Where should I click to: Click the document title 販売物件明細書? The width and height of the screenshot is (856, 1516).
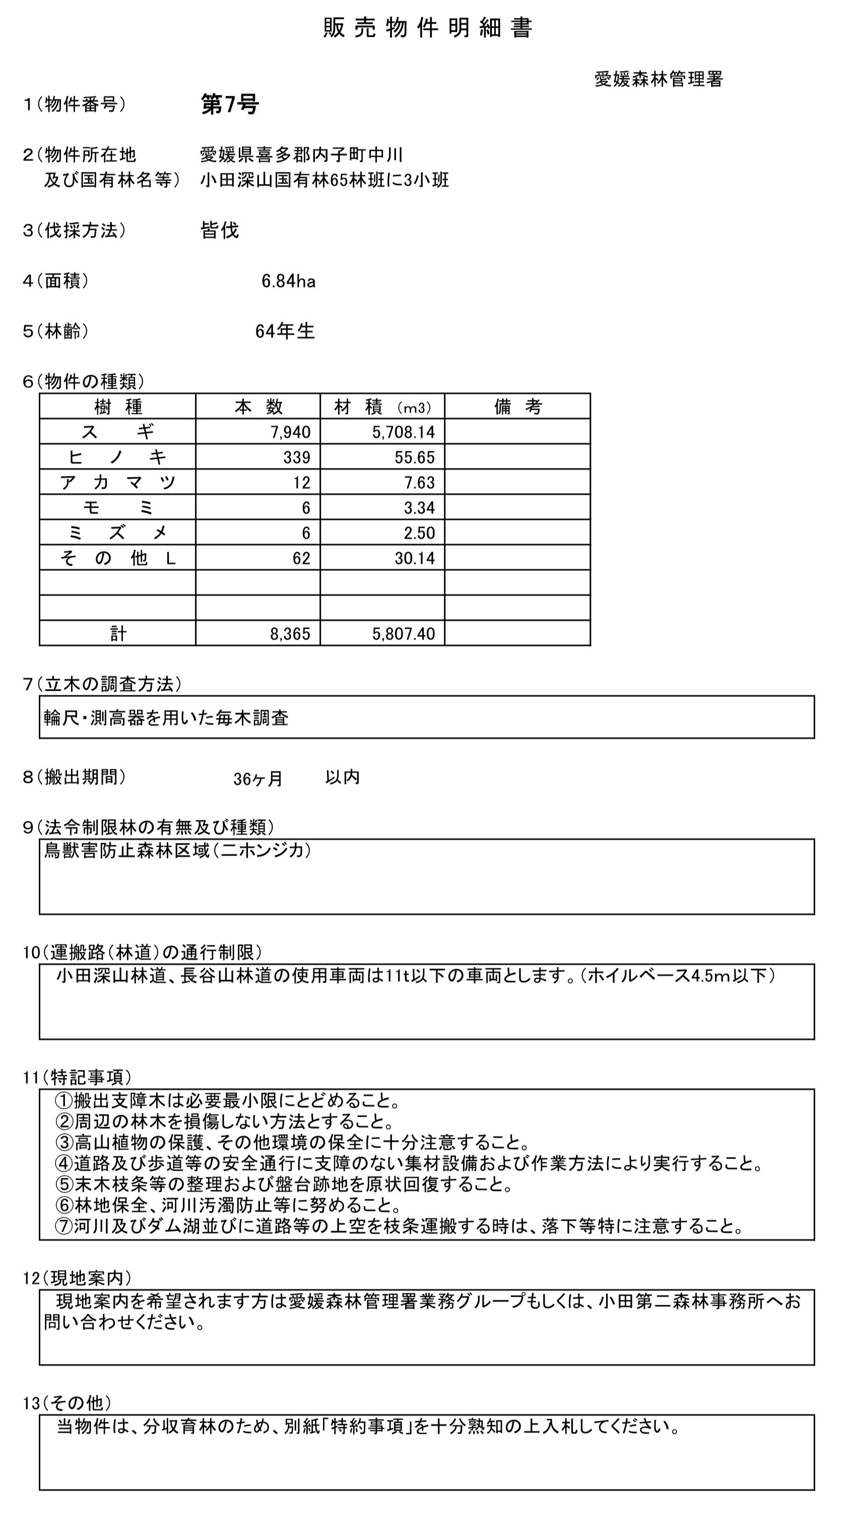pyautogui.click(x=428, y=28)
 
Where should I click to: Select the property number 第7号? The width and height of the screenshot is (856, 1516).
pyautogui.click(x=229, y=104)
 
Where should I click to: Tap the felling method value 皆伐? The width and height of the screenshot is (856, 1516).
pyautogui.click(x=220, y=230)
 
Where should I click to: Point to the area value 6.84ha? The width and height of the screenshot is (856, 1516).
pyautogui.click(x=288, y=281)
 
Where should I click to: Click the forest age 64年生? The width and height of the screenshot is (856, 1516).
pyautogui.click(x=285, y=332)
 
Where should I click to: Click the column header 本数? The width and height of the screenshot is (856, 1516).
pyautogui.click(x=258, y=407)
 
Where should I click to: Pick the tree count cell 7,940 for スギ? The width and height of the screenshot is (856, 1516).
pyautogui.click(x=290, y=433)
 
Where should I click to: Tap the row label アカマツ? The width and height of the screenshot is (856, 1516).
pyautogui.click(x=118, y=482)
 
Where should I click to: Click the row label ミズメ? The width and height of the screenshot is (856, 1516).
pyautogui.click(x=118, y=532)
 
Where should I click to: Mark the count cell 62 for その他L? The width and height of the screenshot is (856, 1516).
pyautogui.click(x=301, y=558)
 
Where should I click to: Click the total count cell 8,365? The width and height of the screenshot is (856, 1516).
pyautogui.click(x=290, y=634)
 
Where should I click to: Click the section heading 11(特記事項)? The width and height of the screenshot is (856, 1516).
pyautogui.click(x=77, y=1077)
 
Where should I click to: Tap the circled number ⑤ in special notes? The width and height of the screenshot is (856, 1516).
pyautogui.click(x=64, y=1184)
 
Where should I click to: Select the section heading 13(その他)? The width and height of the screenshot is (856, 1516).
pyautogui.click(x=67, y=1403)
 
